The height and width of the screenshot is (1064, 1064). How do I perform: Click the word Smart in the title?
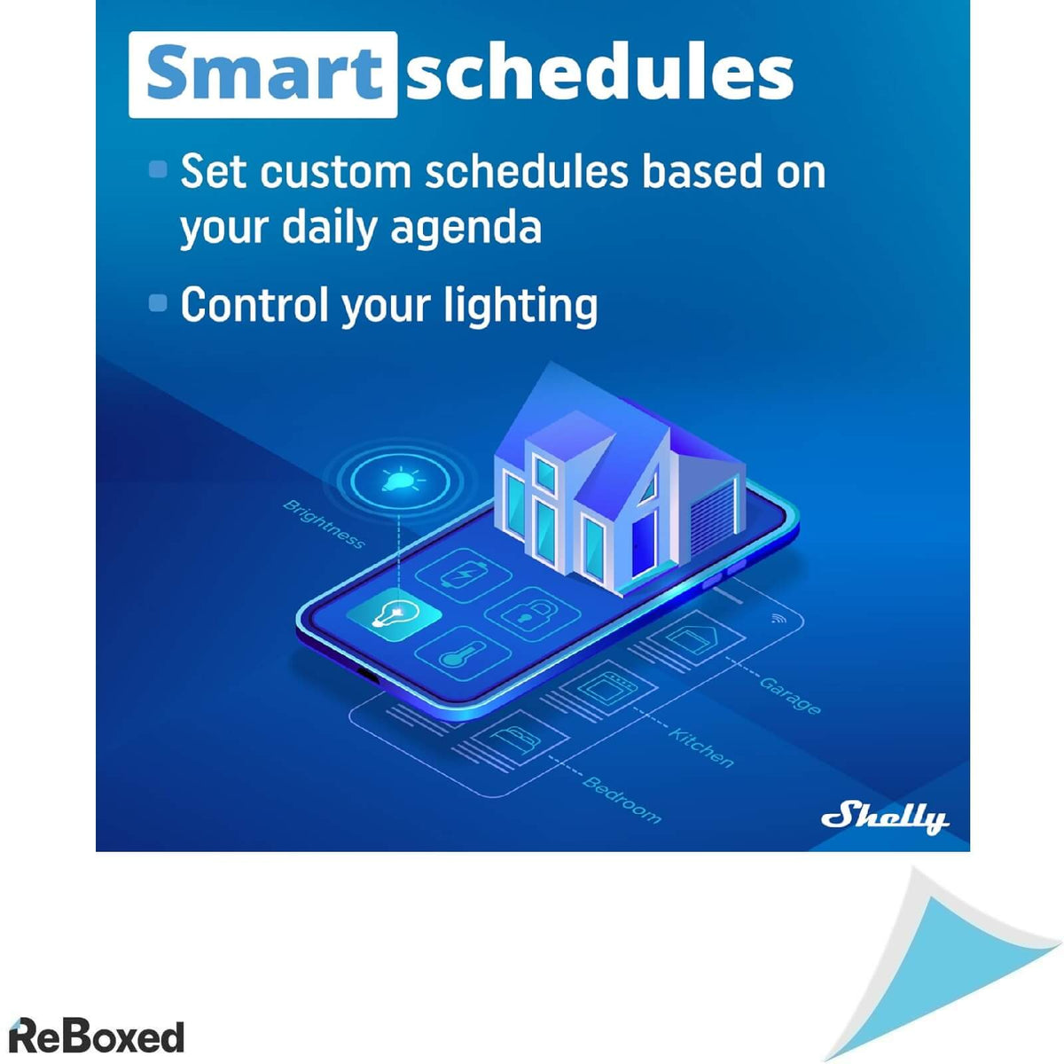click(x=263, y=74)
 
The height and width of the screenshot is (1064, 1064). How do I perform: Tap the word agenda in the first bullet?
click(x=466, y=227)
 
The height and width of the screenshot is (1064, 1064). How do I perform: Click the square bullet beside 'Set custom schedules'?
click(x=158, y=169)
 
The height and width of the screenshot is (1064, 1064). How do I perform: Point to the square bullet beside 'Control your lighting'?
click(x=158, y=302)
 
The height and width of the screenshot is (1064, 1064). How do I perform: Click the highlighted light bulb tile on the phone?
click(x=395, y=615)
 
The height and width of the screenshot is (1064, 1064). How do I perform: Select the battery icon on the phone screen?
click(x=464, y=575)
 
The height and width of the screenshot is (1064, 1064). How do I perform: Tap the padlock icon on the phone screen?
click(x=532, y=614)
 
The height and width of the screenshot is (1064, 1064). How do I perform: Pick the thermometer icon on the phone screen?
click(x=463, y=653)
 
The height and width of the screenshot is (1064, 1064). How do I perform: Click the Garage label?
click(x=790, y=695)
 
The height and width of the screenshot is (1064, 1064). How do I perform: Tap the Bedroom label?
click(x=622, y=799)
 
